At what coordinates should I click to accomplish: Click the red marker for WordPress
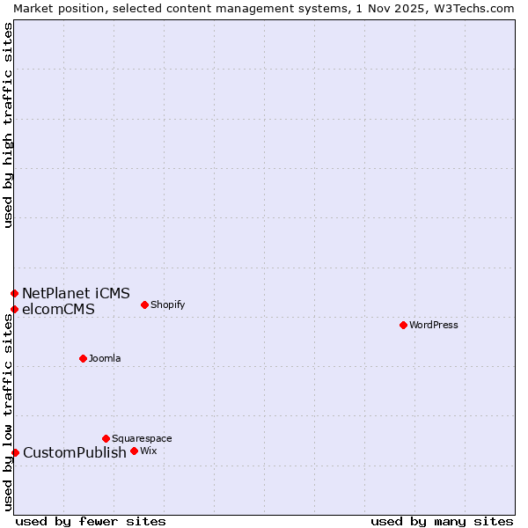(403, 325)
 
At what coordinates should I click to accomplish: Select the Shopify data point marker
(144, 304)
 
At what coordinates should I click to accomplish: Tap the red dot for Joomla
(83, 358)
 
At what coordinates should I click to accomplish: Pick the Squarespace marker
(106, 438)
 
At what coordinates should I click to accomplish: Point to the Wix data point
(134, 451)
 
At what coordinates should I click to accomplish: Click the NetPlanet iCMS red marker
(14, 293)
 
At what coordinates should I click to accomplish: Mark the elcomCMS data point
(14, 309)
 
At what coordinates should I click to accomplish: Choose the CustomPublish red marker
(15, 452)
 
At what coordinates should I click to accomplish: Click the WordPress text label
(434, 325)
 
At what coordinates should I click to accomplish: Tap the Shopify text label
(167, 304)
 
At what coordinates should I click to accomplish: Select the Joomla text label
(105, 358)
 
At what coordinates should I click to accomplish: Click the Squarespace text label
(142, 438)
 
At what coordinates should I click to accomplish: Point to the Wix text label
(148, 451)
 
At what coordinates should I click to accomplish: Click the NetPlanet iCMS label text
(76, 293)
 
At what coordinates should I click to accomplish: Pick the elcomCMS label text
(58, 309)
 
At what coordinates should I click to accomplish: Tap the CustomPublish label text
(74, 452)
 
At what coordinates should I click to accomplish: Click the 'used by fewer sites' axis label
(91, 521)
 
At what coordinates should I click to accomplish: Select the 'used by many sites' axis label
(442, 521)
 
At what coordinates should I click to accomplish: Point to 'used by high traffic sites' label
(8, 125)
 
